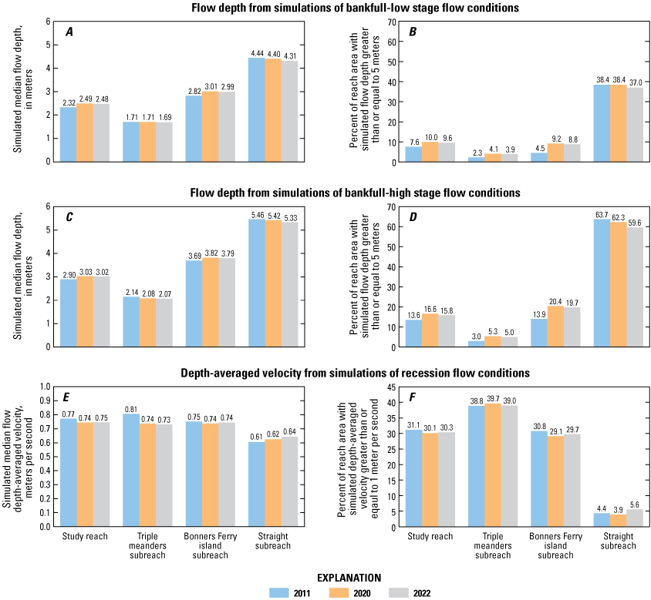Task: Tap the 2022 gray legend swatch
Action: tap(411, 592)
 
